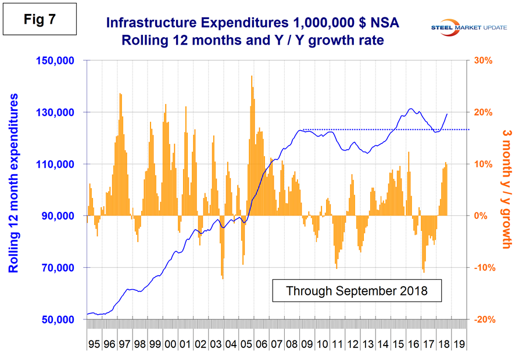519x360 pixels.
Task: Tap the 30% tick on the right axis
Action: (x=484, y=60)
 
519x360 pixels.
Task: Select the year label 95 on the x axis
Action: (x=94, y=344)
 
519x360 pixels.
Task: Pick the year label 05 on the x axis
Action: (x=245, y=344)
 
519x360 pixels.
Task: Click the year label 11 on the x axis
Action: (x=336, y=344)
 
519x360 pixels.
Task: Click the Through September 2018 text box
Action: (x=357, y=290)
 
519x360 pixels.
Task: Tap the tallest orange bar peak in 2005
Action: (x=252, y=77)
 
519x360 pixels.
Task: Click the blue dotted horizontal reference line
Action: (x=384, y=129)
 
